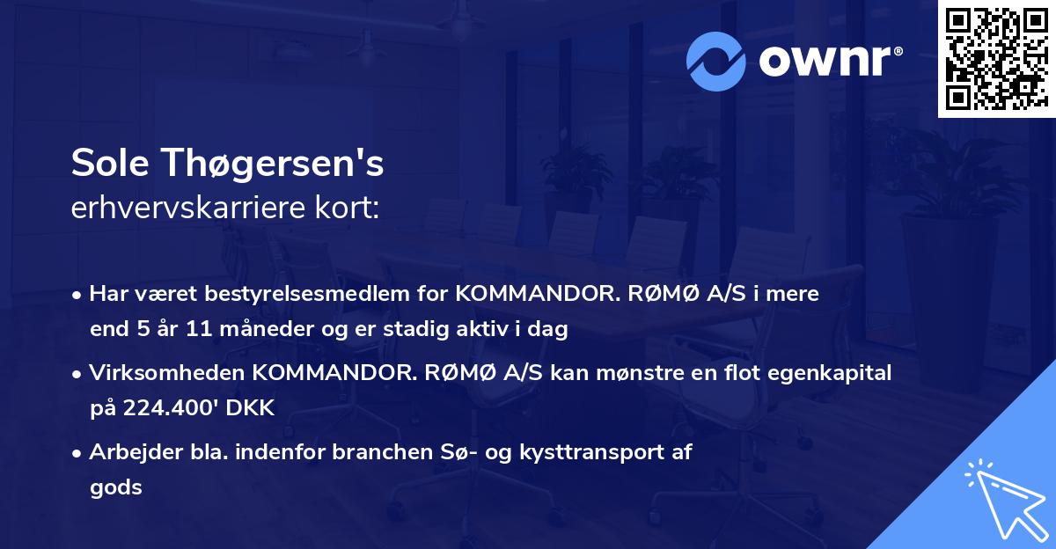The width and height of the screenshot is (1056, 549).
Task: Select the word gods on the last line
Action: [x=115, y=487]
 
